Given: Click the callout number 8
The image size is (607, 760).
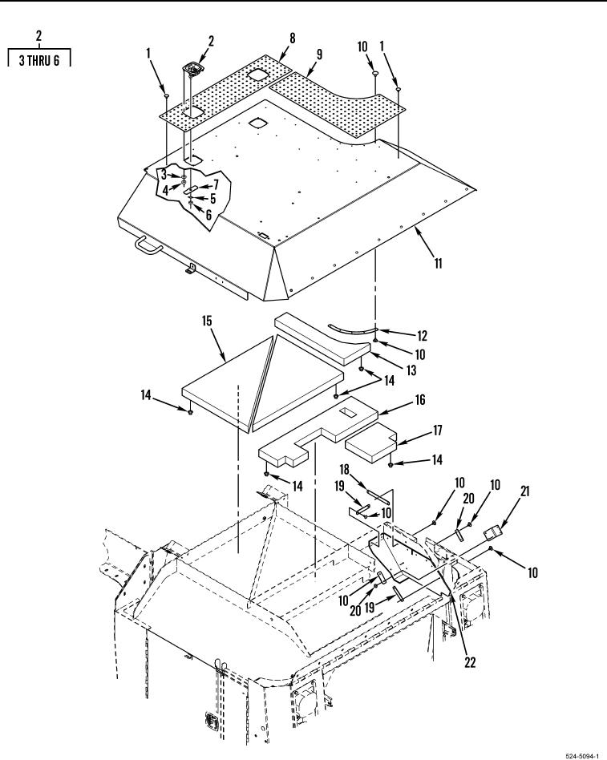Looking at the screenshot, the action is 293,38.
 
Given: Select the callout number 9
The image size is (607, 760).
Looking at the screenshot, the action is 319,54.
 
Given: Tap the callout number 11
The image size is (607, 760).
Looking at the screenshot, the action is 439,263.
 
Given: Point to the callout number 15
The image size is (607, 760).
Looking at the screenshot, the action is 207,321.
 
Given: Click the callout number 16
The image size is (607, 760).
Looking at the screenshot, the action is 420,399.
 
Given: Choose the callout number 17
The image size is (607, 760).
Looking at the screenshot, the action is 437,430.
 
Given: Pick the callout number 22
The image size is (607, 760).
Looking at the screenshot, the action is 470,662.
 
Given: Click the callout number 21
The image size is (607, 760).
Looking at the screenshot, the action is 525,491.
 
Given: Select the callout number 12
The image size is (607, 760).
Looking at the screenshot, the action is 422,335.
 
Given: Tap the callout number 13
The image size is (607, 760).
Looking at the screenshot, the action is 411,370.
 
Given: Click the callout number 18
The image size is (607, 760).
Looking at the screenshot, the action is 344,470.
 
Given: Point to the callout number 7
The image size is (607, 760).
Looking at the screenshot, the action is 216,184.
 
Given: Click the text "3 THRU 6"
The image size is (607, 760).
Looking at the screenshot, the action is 39,60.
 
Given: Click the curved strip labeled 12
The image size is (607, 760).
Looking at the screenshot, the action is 353,329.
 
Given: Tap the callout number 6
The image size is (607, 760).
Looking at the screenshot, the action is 208,214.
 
